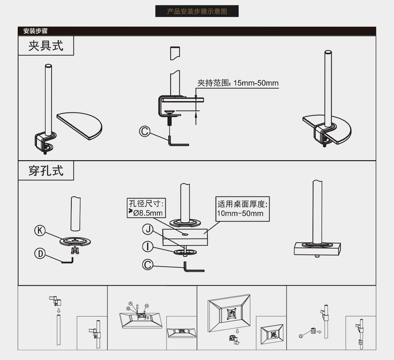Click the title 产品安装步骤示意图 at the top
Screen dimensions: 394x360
tap(197, 11)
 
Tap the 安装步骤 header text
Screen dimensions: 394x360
tap(35, 31)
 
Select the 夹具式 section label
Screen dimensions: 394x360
tap(46, 46)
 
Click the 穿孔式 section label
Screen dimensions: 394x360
tap(46, 170)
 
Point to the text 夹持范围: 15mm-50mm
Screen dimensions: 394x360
tap(238, 83)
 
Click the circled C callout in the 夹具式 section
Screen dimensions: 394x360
tap(145, 131)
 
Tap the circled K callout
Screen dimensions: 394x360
tap(40, 230)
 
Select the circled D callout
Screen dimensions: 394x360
tap(40, 253)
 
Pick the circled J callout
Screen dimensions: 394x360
tap(148, 229)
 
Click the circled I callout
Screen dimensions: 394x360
tap(148, 247)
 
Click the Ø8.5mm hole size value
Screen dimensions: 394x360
tap(148, 213)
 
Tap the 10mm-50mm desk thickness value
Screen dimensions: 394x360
tap(240, 213)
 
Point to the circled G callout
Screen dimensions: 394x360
tap(301, 336)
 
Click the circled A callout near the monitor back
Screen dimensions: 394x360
tap(131, 303)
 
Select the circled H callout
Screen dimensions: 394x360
tap(147, 306)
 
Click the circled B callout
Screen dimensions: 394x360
tap(128, 308)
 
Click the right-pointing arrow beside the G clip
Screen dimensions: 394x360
tap(319, 332)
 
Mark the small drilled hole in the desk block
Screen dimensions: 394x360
tap(185, 234)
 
